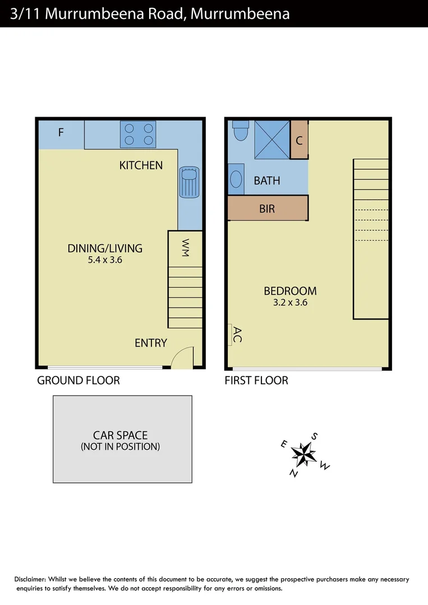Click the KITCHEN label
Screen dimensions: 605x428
point(141,165)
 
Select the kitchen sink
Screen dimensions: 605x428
point(189,182)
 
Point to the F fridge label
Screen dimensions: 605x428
point(61,133)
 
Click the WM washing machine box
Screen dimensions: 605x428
point(185,247)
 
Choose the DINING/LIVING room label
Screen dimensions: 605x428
point(105,248)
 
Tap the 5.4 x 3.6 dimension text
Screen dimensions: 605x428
point(105,260)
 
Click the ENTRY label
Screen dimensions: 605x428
point(150,343)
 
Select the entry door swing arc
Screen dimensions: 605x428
point(182,357)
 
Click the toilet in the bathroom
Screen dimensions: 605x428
point(241,131)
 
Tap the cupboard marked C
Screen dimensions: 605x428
point(299,141)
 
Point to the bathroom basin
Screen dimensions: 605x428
point(236,180)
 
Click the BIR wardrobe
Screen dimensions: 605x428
point(268,208)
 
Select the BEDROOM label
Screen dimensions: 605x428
point(290,291)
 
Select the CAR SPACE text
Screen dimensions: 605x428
point(120,435)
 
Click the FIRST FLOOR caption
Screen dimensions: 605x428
point(256,381)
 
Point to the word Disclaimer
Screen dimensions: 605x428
point(30,579)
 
